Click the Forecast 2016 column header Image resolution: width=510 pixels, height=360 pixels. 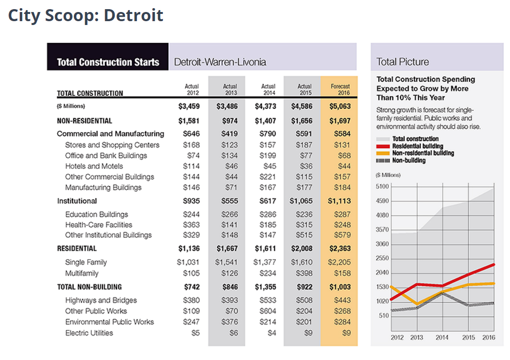click(340, 89)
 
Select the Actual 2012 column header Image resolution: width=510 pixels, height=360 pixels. click(192, 89)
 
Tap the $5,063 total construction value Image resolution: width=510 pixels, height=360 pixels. click(340, 106)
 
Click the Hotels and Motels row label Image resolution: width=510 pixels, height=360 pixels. click(94, 166)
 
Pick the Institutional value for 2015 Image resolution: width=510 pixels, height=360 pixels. click(301, 201)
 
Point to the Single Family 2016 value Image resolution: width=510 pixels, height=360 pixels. click(339, 262)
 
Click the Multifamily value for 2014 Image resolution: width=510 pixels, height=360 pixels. click(268, 273)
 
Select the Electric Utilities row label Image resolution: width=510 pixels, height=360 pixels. click(89, 333)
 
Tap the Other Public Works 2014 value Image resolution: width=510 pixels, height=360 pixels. click(268, 311)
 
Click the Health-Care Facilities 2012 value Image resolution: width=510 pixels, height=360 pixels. click(191, 225)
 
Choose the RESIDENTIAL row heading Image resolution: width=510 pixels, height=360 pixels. click(77, 248)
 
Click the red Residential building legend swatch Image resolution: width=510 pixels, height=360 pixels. click(383, 146)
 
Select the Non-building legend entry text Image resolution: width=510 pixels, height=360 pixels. click(409, 161)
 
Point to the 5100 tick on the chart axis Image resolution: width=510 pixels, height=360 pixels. click(382, 186)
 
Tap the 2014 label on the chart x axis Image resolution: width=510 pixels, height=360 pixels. click(442, 337)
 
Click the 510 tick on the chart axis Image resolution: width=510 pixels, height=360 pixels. click(384, 315)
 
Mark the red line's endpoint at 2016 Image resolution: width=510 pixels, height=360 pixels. click(494, 265)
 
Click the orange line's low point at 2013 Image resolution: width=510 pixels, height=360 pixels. click(417, 304)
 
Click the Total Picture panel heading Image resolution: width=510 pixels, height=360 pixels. click(403, 62)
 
